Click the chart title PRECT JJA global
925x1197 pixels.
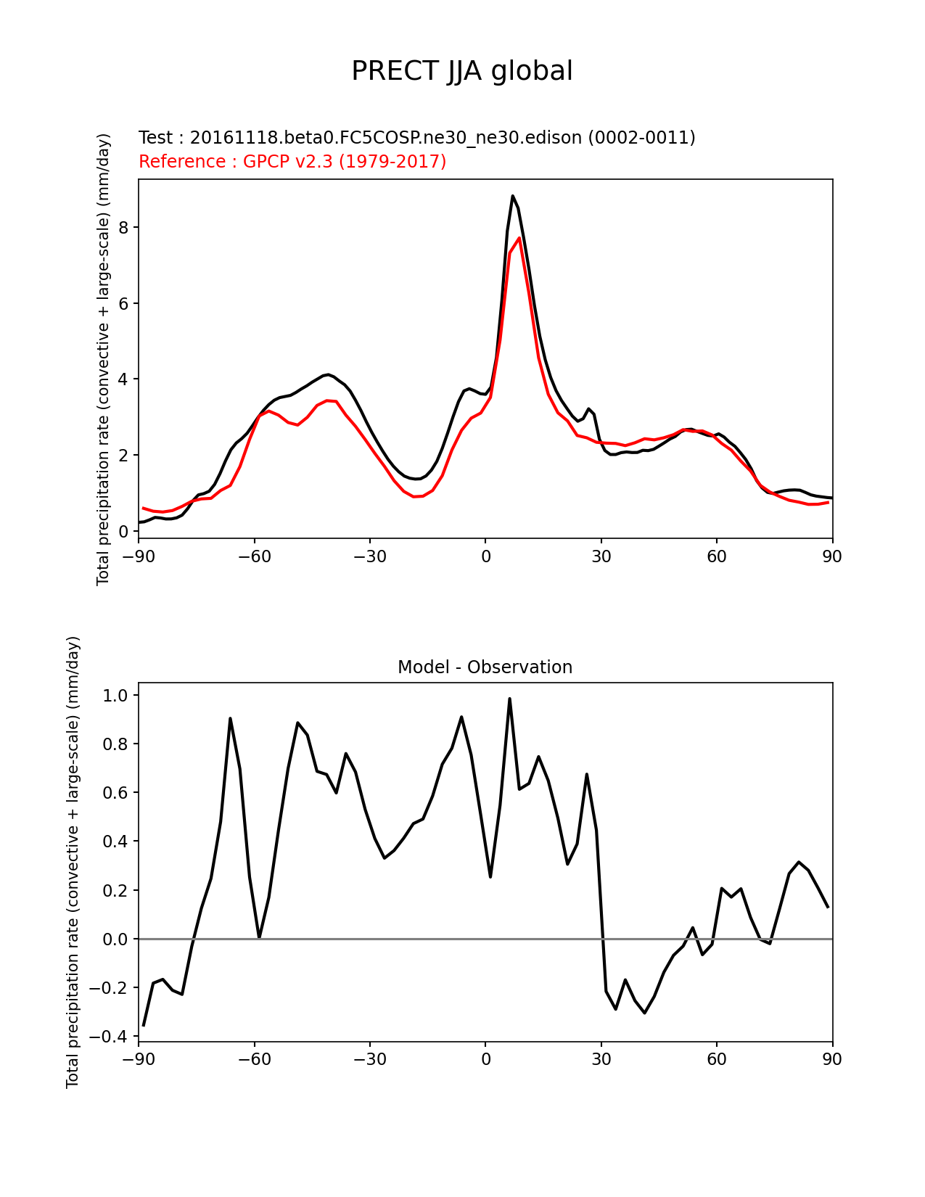(462, 71)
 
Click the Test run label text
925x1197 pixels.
(416, 137)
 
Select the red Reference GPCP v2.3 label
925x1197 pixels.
(292, 161)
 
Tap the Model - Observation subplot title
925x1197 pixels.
(485, 667)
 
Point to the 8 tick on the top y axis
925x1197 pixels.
(124, 228)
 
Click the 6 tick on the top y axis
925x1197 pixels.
(124, 304)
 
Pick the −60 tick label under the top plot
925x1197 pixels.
(254, 556)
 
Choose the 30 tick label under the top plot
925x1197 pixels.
(601, 556)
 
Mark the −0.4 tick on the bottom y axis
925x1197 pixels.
(109, 1037)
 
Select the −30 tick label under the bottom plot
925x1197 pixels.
(369, 1059)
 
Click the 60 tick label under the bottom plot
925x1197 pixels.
(717, 1059)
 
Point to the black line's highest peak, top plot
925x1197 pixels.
(512, 196)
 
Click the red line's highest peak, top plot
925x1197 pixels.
(519, 238)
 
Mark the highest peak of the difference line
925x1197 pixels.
(509, 699)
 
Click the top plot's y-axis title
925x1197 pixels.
(103, 359)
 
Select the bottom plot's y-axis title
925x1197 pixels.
(73, 862)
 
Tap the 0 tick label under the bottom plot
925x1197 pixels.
(485, 1059)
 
